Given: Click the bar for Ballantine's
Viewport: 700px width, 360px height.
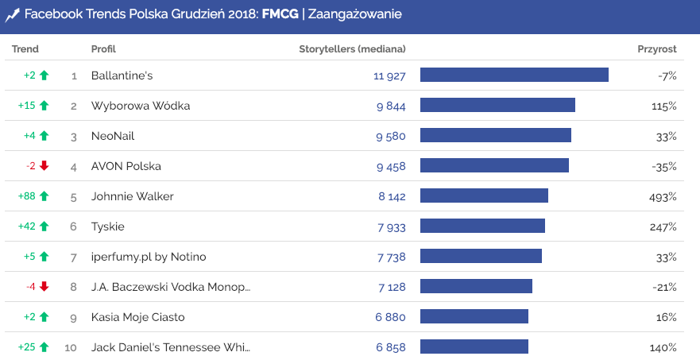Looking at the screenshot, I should (514, 75).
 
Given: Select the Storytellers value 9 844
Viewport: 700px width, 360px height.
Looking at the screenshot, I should (391, 106).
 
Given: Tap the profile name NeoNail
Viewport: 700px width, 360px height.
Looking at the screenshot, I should (113, 136).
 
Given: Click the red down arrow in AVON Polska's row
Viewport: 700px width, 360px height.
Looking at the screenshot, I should (44, 166).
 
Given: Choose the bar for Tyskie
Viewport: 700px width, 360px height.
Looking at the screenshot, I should (482, 226).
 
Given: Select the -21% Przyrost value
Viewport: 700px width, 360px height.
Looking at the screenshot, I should (663, 287).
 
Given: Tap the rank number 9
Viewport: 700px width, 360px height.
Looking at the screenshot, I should (74, 317).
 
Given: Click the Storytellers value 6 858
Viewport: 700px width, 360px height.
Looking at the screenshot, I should (391, 347).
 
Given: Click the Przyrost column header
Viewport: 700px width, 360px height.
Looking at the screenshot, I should (656, 49).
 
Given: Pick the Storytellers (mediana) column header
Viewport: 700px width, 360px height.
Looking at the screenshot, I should (352, 49).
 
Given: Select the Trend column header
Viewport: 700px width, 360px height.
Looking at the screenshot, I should (25, 49).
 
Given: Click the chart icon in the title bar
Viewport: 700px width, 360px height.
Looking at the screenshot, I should (12, 14).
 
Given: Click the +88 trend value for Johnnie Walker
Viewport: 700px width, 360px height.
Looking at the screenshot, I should (27, 196).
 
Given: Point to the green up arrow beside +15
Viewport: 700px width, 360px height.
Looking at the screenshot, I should (44, 106).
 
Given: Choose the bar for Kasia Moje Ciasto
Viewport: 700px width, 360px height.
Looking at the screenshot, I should (474, 317).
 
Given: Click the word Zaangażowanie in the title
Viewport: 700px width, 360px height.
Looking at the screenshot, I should (355, 14).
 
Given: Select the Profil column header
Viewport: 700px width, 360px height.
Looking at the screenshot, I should (103, 49).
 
